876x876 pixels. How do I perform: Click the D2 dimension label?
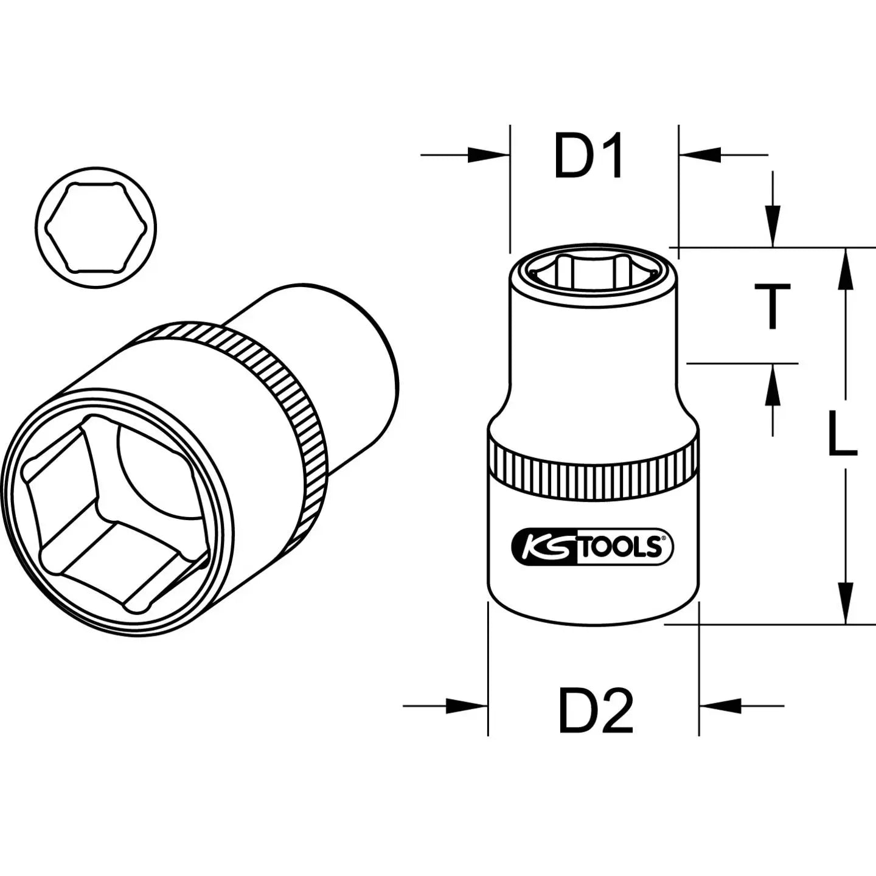coord(596,711)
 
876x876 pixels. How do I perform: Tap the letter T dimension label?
coord(773,307)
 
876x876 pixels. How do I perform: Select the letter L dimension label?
coord(843,434)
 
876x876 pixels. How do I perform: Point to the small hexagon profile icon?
coord(96,228)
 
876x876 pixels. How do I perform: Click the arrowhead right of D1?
coord(700,155)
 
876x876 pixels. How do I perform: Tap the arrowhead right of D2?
coord(721,706)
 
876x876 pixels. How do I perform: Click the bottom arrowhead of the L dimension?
coord(844,602)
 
